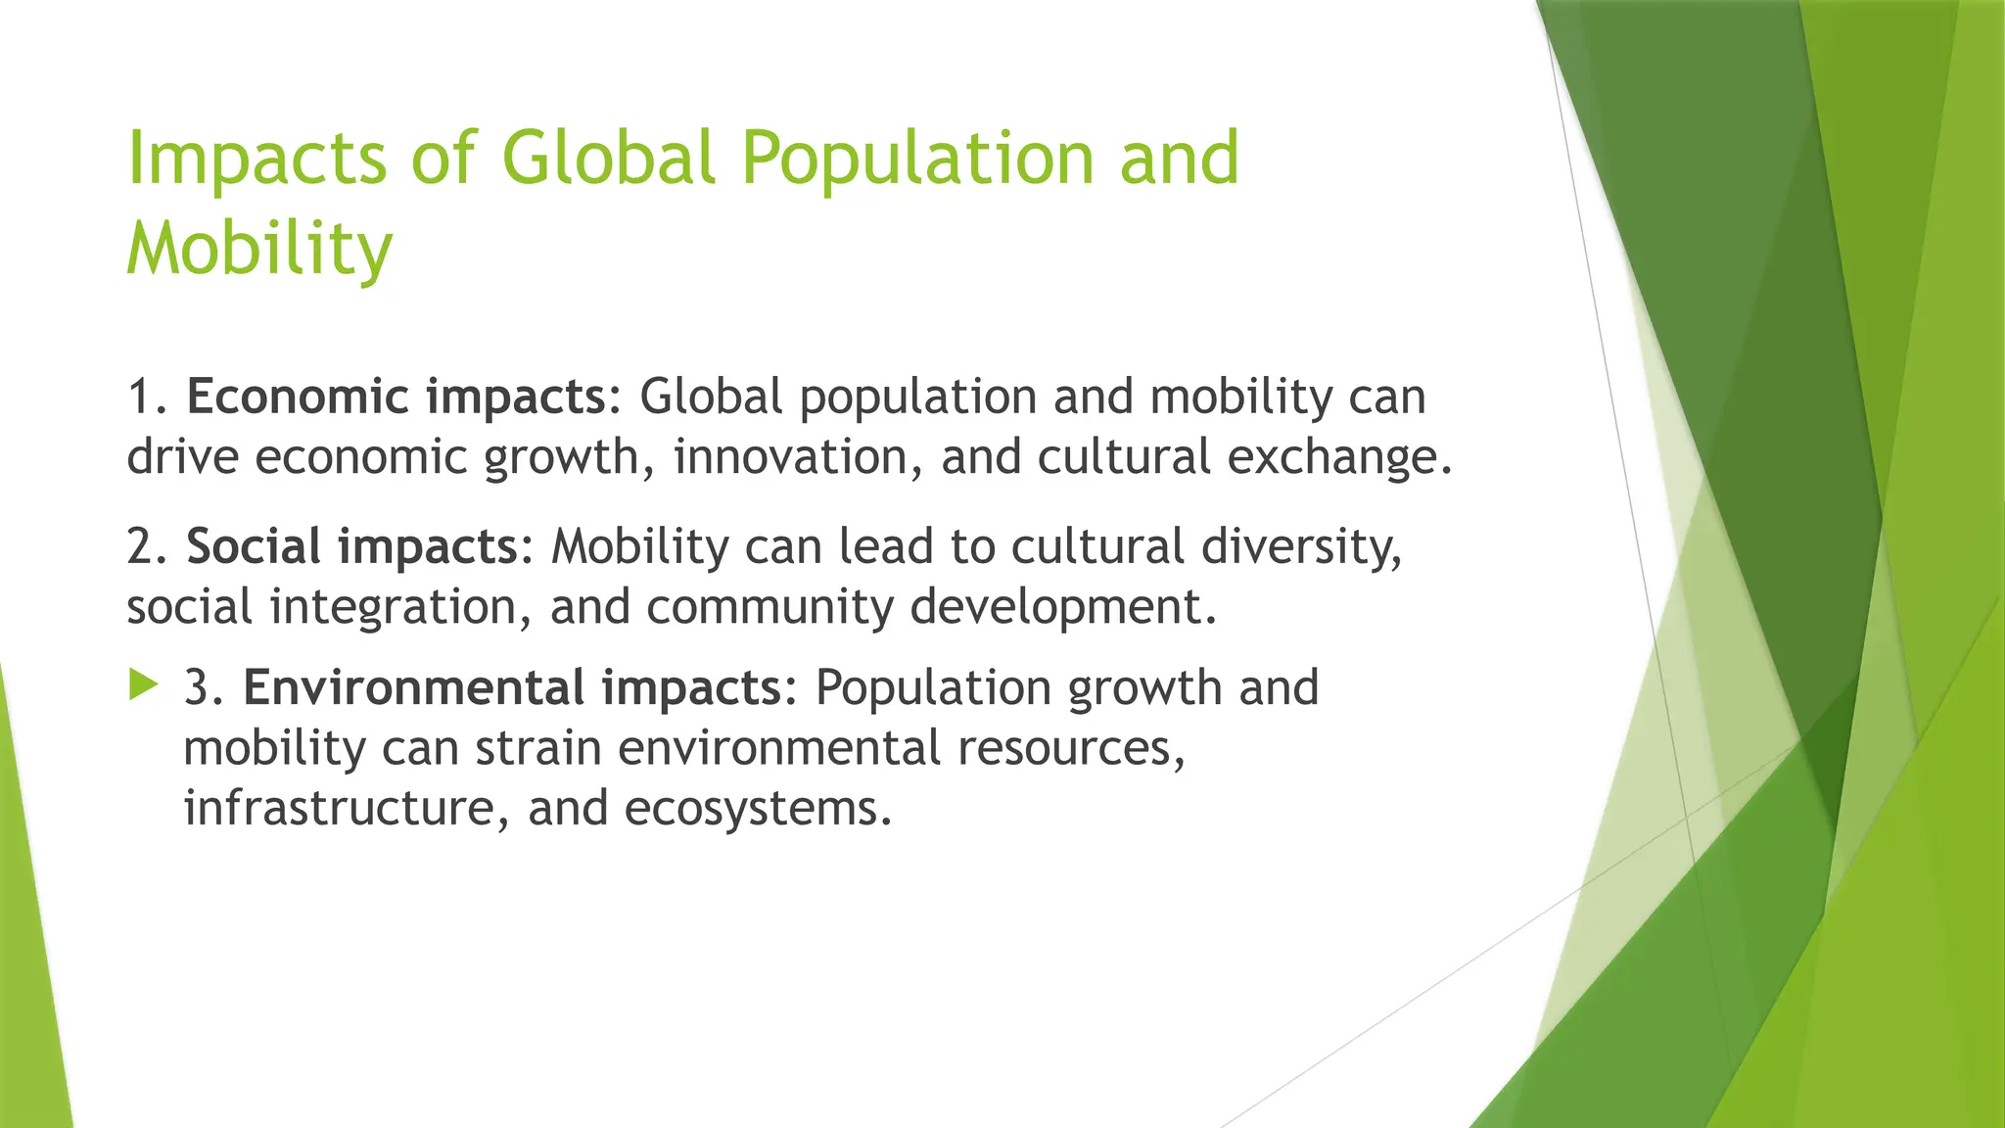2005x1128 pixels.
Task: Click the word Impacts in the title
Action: [257, 160]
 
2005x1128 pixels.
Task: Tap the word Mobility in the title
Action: [259, 250]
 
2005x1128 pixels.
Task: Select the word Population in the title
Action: [916, 160]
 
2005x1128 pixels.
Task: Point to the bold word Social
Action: [254, 546]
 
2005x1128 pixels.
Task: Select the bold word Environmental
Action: [412, 687]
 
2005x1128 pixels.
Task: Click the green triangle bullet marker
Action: [143, 685]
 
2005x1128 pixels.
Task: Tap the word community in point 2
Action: [769, 607]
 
